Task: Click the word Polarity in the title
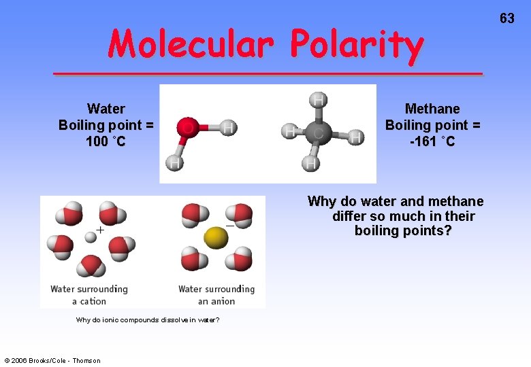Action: [x=356, y=45]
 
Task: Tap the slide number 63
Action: [x=506, y=18]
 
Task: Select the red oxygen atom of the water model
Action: [x=187, y=127]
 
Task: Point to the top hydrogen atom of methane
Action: [x=317, y=100]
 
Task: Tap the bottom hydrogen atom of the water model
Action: [x=175, y=163]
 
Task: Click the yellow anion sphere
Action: [x=215, y=237]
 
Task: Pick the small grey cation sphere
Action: [x=90, y=237]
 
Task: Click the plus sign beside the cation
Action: [x=100, y=230]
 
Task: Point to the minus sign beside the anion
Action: [x=229, y=224]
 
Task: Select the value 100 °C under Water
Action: [x=106, y=141]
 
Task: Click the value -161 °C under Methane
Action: [x=432, y=141]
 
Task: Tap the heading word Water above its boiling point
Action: [x=106, y=109]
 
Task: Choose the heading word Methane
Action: [x=432, y=109]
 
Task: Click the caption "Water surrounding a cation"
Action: [x=89, y=295]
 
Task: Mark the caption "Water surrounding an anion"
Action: [x=216, y=295]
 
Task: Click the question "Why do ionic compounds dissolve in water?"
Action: [x=148, y=319]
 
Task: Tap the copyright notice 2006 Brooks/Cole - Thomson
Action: [x=52, y=360]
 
